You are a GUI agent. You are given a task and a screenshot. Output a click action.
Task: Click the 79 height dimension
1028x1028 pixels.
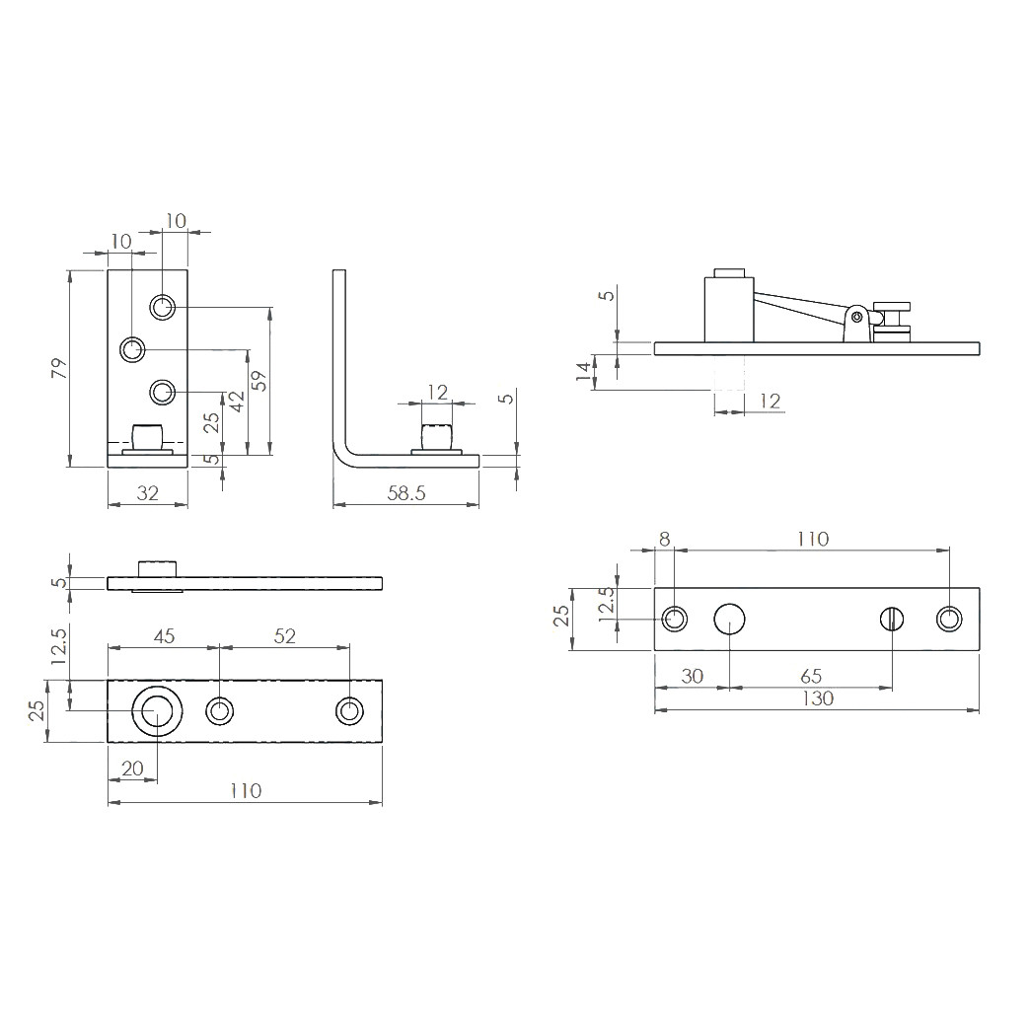(x=58, y=369)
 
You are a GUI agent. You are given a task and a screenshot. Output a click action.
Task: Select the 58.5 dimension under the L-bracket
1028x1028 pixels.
(x=405, y=493)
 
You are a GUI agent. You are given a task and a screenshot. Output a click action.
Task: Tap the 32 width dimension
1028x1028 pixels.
(x=147, y=493)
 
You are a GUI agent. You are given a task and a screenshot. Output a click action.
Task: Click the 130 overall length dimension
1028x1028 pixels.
(x=817, y=698)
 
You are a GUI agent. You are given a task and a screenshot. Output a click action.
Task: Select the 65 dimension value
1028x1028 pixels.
(x=811, y=677)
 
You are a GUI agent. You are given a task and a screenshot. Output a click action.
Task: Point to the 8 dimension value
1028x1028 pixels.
(x=664, y=539)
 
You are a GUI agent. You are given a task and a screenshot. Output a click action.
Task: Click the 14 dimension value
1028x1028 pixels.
(x=584, y=371)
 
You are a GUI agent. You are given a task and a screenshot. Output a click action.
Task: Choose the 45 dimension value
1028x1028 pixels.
(x=163, y=636)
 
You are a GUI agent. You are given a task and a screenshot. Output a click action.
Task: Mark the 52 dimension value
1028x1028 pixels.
(x=284, y=636)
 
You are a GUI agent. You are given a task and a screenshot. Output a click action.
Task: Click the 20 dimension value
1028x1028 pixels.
(x=131, y=769)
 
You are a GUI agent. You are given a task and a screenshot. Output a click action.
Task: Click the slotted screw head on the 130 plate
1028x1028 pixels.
(x=892, y=619)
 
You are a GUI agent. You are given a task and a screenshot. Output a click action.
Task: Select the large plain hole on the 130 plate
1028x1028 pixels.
(x=729, y=619)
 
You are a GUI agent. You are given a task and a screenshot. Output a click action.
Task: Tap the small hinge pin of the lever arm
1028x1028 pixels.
(x=857, y=317)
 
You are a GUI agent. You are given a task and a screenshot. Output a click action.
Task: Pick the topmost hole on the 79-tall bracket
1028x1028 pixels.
(x=163, y=307)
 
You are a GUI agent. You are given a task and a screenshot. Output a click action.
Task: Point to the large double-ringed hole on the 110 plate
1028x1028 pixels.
(x=156, y=711)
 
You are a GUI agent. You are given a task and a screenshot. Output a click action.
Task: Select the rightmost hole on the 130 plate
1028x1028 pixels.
(x=948, y=619)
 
